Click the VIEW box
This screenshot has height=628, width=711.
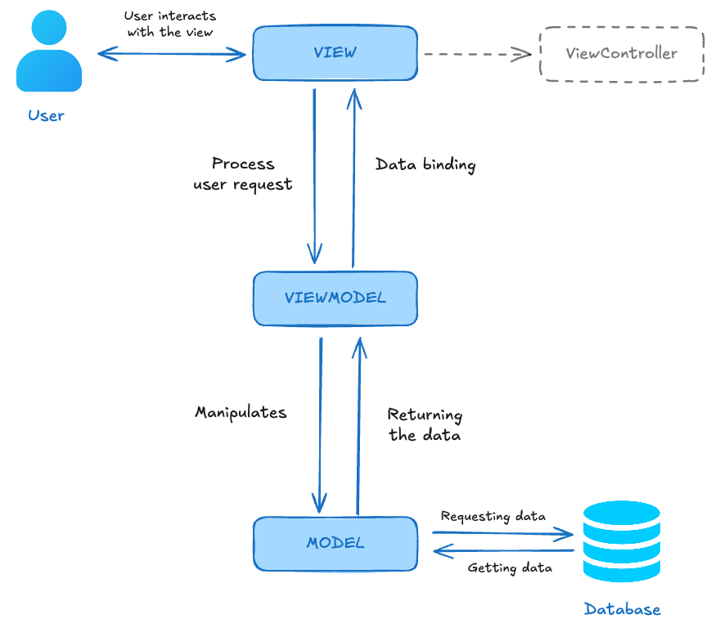pyautogui.click(x=335, y=53)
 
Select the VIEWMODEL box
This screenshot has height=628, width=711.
pyautogui.click(x=335, y=298)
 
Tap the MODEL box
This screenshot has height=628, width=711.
pyautogui.click(x=335, y=543)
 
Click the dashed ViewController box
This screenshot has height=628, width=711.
pyautogui.click(x=621, y=53)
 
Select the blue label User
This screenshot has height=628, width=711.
pyautogui.click(x=46, y=115)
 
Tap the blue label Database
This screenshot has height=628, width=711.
pyautogui.click(x=622, y=609)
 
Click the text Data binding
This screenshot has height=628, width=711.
pyautogui.click(x=425, y=164)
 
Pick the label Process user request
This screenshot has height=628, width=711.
pyautogui.click(x=243, y=174)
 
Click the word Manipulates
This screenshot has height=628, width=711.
pyautogui.click(x=241, y=412)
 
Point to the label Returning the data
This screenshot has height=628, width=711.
pyautogui.click(x=425, y=424)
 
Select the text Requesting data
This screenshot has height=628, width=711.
pyautogui.click(x=493, y=516)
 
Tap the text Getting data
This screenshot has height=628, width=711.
pyautogui.click(x=509, y=567)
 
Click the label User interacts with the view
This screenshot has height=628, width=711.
pyautogui.click(x=170, y=24)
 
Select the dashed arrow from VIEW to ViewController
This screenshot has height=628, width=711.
pyautogui.click(x=475, y=55)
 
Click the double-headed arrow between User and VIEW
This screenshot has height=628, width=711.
pyautogui.click(x=171, y=55)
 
